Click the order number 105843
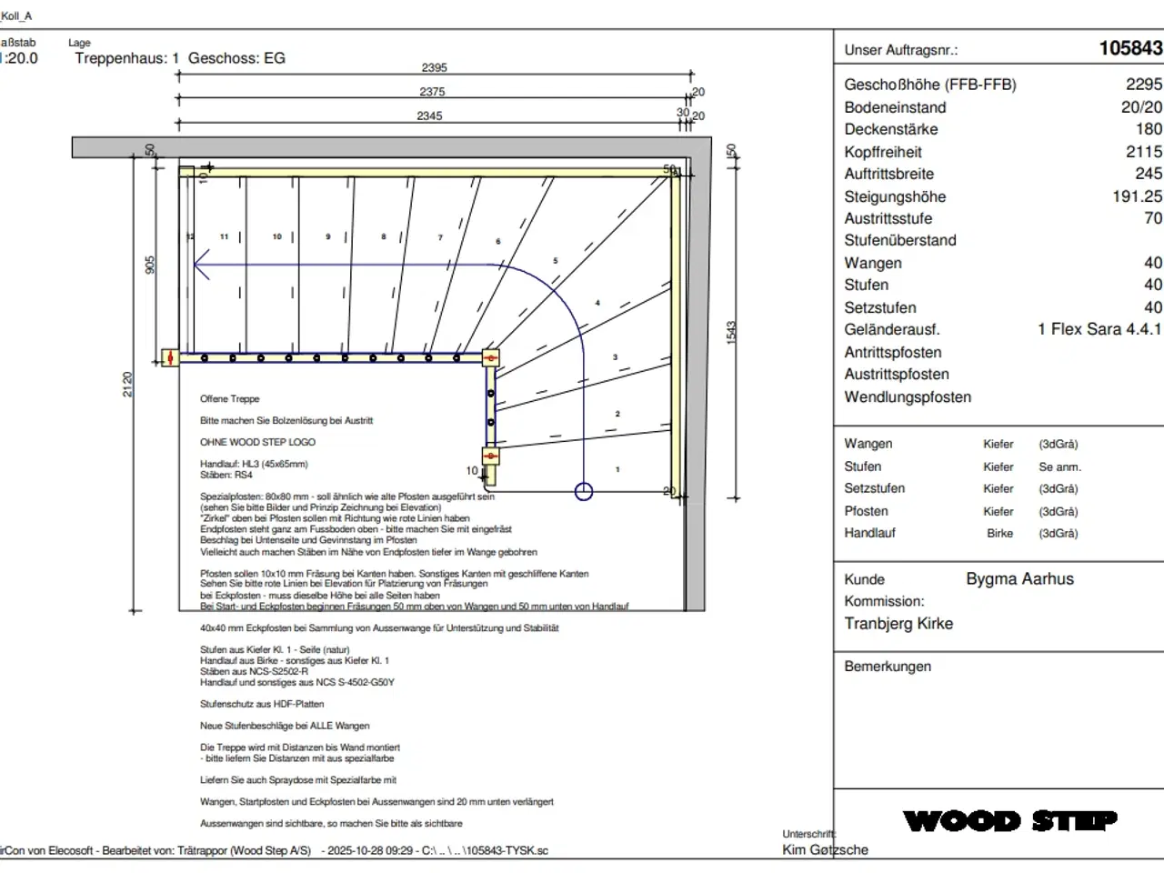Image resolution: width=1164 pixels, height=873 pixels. tap(1130, 49)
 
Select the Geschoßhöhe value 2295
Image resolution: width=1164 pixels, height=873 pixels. tap(1143, 85)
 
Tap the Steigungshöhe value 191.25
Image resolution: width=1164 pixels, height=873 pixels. tap(1137, 196)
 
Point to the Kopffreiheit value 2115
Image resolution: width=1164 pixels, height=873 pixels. tap(1143, 152)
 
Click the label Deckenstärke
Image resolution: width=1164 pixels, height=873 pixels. tap(890, 129)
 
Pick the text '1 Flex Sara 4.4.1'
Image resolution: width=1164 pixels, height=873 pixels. tap(1099, 329)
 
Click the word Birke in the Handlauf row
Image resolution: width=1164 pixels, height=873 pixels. tap(999, 534)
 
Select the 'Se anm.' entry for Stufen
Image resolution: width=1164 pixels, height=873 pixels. tap(1059, 467)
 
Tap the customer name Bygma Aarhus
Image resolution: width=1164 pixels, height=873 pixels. tap(1019, 579)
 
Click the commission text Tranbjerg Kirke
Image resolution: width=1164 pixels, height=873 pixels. tap(898, 624)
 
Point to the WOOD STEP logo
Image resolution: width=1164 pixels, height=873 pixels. tap(1009, 821)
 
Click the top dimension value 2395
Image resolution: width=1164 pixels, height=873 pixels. tap(434, 67)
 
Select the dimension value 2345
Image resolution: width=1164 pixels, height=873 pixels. tap(429, 115)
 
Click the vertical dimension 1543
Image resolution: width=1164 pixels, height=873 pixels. tap(731, 332)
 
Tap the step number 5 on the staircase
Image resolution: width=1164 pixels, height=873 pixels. tap(556, 261)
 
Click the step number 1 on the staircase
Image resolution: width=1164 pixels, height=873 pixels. tap(617, 470)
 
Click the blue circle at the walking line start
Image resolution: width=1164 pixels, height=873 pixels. tap(584, 491)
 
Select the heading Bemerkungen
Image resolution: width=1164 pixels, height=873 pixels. tap(887, 667)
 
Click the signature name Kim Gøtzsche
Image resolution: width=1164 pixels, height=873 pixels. tap(825, 850)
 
